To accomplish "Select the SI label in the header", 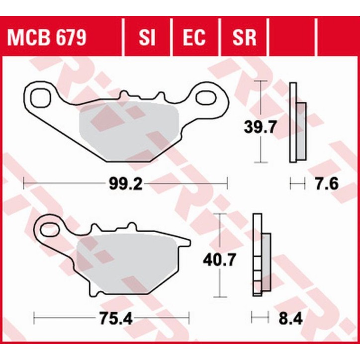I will coord(148,38).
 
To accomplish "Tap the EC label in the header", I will coord(195,38).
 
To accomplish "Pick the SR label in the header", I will coord(244,38).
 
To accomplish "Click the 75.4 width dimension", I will coord(111,318).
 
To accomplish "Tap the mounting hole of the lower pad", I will coord(49,229).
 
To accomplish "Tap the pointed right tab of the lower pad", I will coord(186,242).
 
